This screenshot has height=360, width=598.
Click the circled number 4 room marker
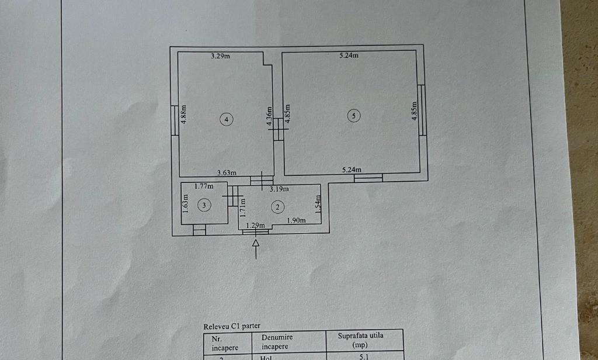(x=227, y=119)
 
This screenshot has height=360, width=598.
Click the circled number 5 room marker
(x=354, y=115)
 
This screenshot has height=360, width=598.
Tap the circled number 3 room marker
(x=204, y=205)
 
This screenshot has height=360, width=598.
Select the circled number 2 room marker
(x=277, y=207)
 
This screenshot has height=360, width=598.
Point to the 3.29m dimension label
(x=220, y=56)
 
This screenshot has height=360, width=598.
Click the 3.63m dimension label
(x=227, y=172)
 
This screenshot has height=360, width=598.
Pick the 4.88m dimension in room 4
(x=184, y=114)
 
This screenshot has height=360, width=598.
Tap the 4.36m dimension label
(x=269, y=116)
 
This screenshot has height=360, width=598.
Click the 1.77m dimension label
(x=204, y=186)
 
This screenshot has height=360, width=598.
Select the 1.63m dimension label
(x=185, y=204)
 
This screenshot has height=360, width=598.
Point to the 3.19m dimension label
(x=279, y=189)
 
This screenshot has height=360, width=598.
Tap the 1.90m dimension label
(x=296, y=220)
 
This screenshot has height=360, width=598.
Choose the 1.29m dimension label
(x=255, y=226)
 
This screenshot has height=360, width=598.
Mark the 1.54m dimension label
(x=318, y=204)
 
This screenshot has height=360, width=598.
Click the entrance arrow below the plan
(x=256, y=250)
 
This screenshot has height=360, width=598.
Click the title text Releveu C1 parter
(x=232, y=327)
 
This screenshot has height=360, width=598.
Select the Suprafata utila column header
(x=360, y=340)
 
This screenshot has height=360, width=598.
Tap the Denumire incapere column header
(x=277, y=342)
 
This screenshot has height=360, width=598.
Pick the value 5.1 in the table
(x=364, y=357)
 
